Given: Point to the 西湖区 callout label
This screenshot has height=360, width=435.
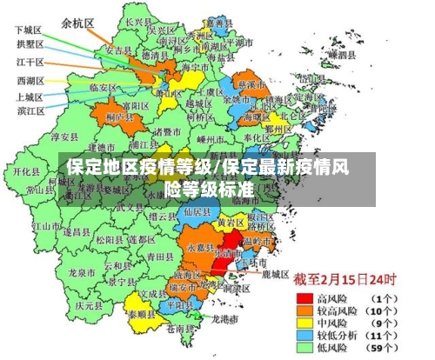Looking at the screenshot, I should (x=30, y=80).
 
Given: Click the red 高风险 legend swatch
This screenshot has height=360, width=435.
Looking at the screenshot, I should (x=303, y=297).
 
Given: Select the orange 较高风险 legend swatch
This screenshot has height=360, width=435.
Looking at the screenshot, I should (x=303, y=310).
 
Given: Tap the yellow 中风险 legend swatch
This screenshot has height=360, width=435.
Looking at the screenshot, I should (x=303, y=322).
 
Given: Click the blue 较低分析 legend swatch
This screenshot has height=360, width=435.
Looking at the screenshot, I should (x=303, y=334).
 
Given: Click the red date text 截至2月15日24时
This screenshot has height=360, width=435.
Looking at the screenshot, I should (x=344, y=280).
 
